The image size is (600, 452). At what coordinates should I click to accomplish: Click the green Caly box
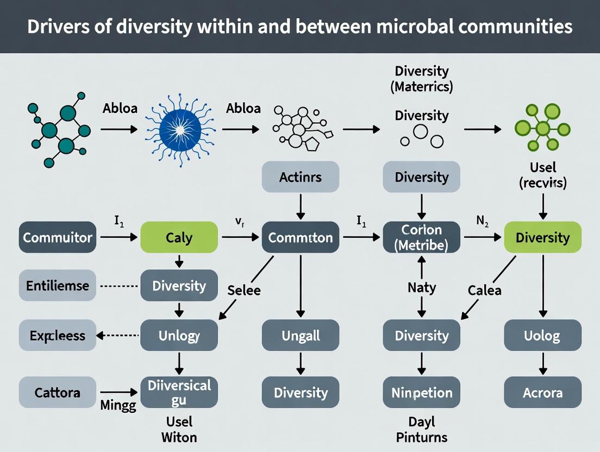click(x=179, y=237)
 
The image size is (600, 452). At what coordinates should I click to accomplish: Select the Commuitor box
click(x=58, y=237)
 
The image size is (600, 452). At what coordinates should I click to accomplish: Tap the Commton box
click(x=301, y=237)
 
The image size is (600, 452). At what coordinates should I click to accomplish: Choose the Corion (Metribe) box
click(x=422, y=237)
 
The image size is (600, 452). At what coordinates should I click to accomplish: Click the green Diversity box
click(x=542, y=237)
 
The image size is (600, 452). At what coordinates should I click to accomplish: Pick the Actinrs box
click(x=301, y=177)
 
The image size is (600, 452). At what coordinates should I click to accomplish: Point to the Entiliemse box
click(x=58, y=286)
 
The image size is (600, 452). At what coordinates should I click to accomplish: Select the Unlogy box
click(x=179, y=335)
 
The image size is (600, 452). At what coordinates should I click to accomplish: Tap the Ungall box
click(x=301, y=335)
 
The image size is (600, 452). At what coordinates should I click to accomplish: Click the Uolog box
click(x=542, y=335)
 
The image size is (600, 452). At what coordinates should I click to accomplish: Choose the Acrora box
click(x=542, y=392)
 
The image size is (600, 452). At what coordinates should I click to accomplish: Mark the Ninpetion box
click(x=422, y=392)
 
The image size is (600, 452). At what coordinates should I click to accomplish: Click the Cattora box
click(x=58, y=392)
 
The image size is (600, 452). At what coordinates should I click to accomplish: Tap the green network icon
click(x=542, y=129)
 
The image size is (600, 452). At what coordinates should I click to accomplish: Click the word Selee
click(x=243, y=290)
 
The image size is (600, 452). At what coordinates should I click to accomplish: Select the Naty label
click(x=422, y=287)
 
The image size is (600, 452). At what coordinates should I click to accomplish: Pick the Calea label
click(x=484, y=290)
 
